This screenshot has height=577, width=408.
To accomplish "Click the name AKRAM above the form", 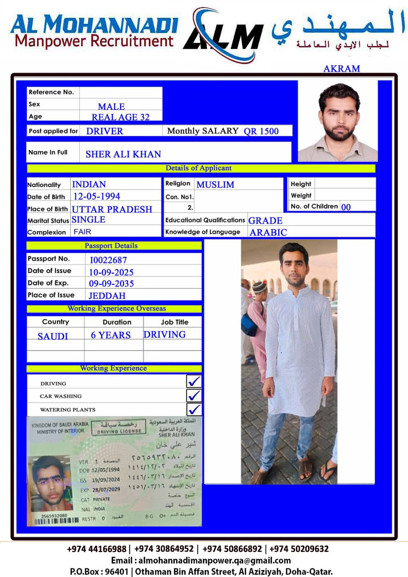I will tap(341, 69).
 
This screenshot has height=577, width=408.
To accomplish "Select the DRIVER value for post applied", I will tap(105, 131).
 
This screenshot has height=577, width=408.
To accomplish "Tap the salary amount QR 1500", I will tap(261, 131).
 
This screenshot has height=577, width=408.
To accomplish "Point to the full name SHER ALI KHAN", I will tap(123, 154).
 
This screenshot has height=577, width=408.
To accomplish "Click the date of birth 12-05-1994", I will tap(97, 197).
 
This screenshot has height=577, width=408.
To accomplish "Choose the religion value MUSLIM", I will tap(215, 185).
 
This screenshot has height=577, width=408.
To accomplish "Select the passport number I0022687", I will tap(108, 260).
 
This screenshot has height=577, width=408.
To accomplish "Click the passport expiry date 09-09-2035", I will tap(111, 284).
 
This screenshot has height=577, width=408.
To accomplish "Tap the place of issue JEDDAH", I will tap(107, 296).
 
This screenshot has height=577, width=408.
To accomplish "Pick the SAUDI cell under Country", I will tap(53, 336).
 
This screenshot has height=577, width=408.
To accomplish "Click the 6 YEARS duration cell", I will tap(111, 335).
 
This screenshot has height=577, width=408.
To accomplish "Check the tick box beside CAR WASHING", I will tap(194, 396).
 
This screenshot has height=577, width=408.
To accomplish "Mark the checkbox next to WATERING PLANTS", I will tap(194, 409).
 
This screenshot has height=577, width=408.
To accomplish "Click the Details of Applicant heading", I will tap(198, 168).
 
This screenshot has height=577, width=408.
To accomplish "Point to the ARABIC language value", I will tap(268, 233).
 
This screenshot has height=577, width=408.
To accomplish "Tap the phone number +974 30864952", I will tap(164, 549).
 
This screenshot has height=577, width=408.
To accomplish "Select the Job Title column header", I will tap(175, 322).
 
